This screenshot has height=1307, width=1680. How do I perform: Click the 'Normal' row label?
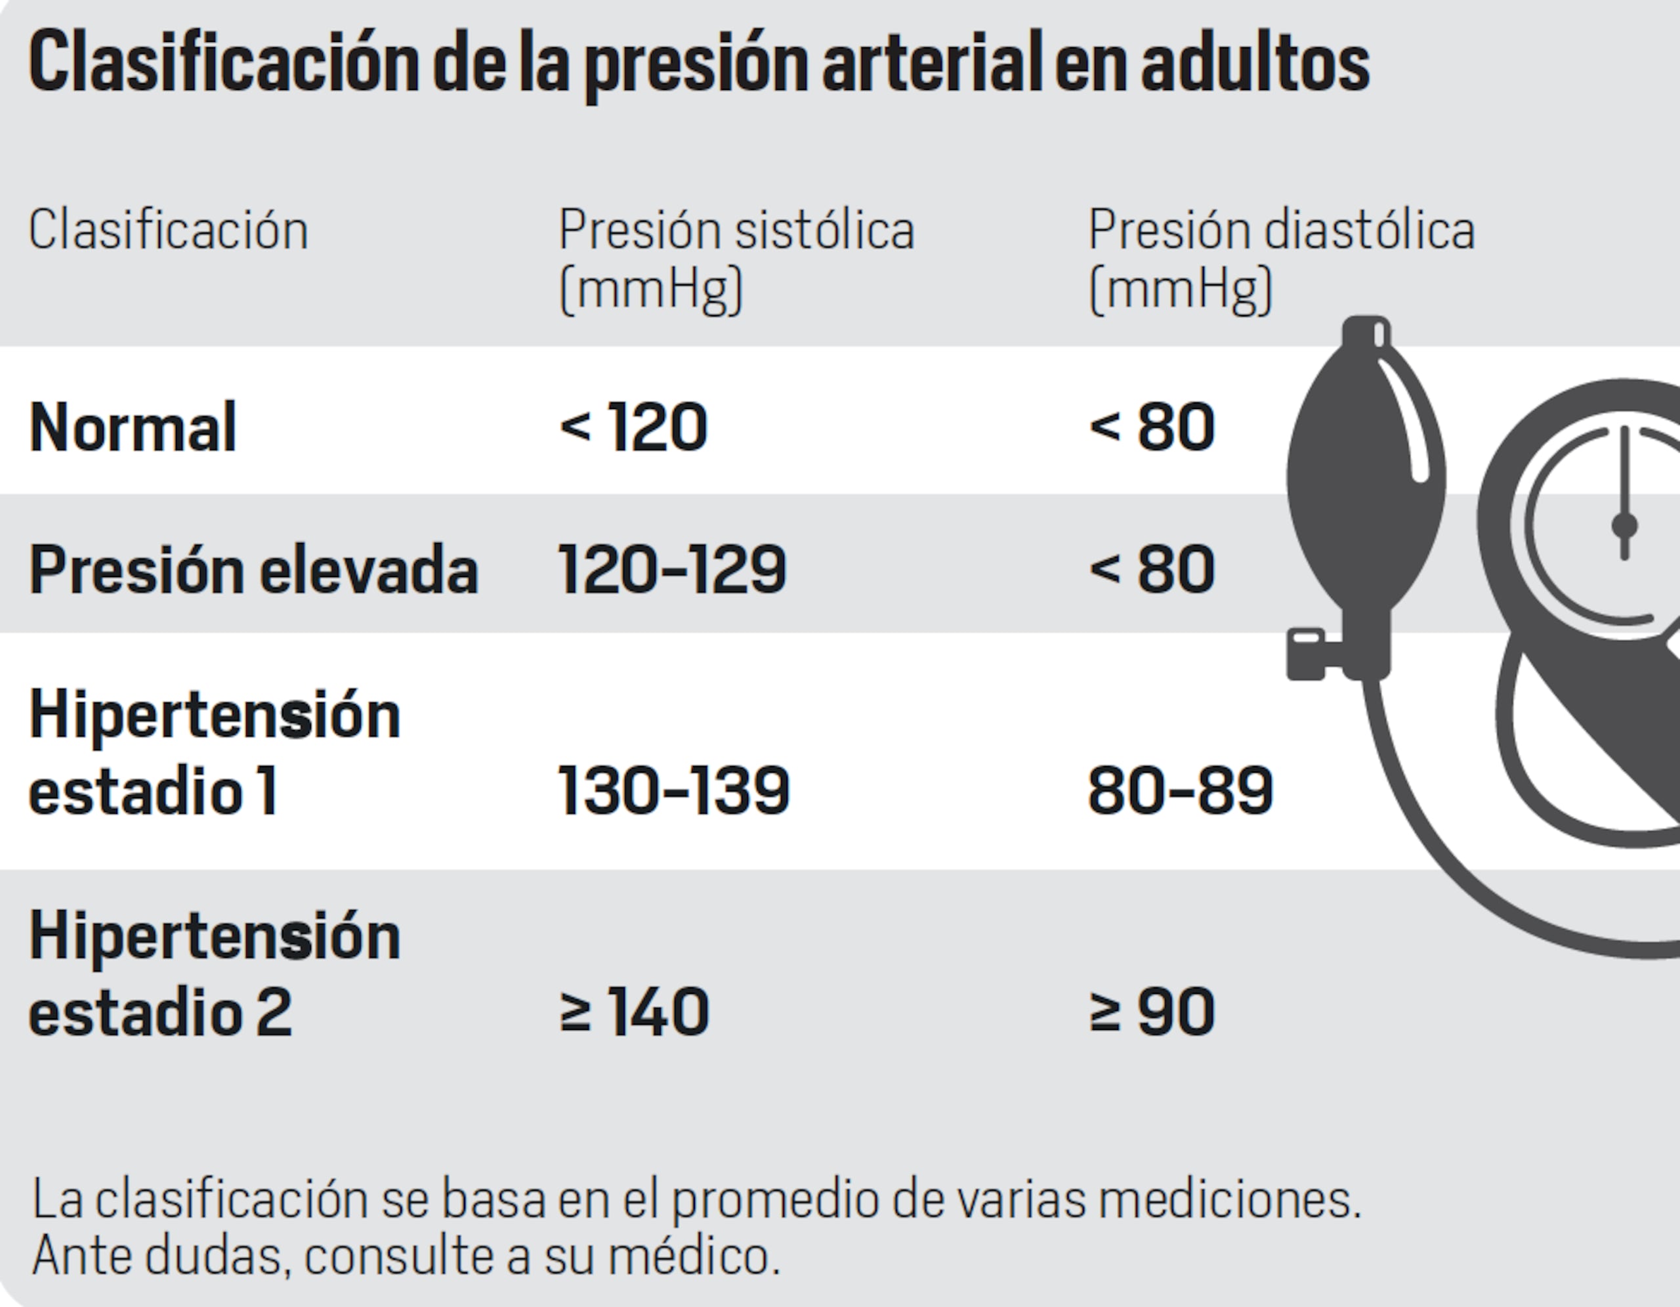133,428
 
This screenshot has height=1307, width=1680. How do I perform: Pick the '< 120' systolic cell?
633,428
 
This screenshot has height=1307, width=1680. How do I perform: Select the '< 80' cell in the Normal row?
1152,428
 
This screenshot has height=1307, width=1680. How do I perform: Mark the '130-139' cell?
674,791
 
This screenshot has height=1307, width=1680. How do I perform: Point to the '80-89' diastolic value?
1180,791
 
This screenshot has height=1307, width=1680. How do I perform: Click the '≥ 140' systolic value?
634,1012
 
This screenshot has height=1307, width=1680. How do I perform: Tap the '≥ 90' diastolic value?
1152,1012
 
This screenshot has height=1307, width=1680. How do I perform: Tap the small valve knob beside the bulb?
1305,654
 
